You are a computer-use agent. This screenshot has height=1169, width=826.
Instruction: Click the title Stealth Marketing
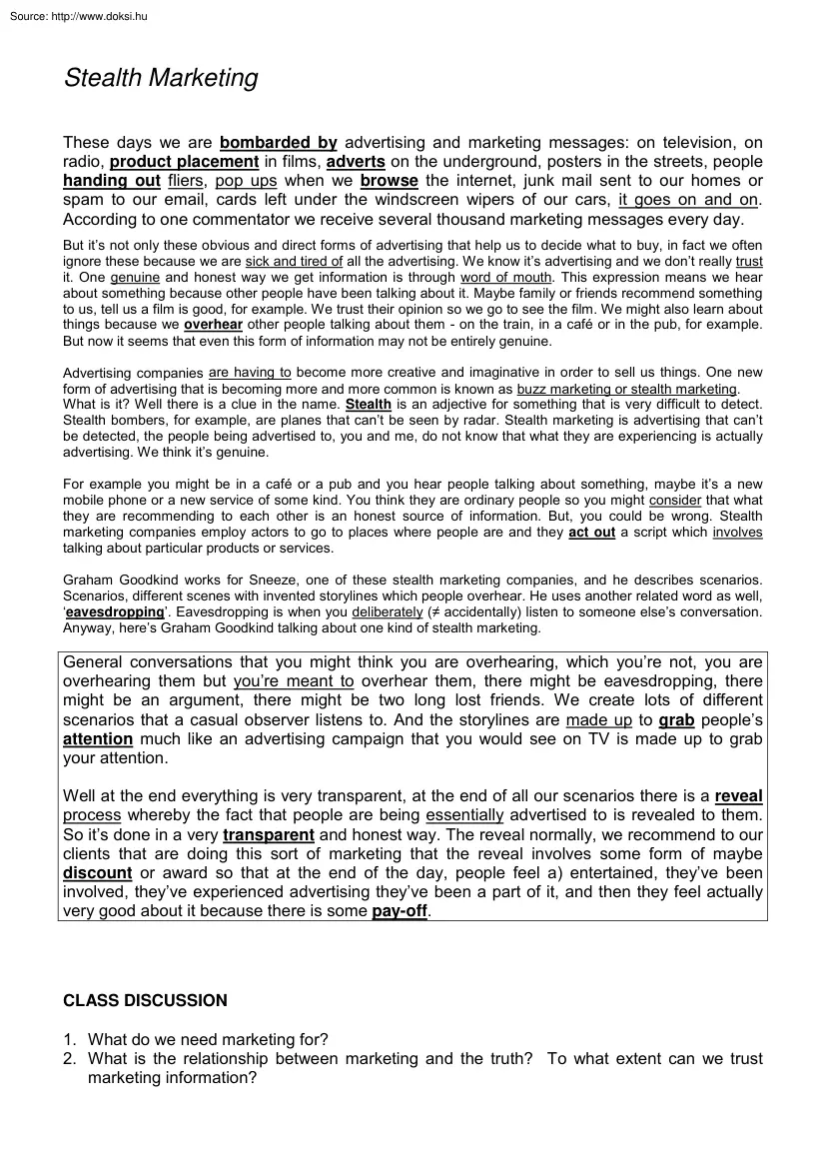pyautogui.click(x=161, y=79)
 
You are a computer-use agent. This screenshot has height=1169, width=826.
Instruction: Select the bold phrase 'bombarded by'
pyautogui.click(x=278, y=142)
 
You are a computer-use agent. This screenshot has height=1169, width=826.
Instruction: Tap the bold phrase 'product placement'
pyautogui.click(x=184, y=162)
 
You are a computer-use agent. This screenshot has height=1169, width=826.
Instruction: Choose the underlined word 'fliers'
pyautogui.click(x=187, y=181)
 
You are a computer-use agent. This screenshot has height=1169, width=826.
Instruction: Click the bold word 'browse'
pyautogui.click(x=390, y=181)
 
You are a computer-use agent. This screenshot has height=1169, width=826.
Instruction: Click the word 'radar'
pyautogui.click(x=432, y=421)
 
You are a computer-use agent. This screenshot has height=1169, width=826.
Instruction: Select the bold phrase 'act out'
pyautogui.click(x=591, y=533)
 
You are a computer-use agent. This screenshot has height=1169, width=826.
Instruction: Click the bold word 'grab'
pyautogui.click(x=676, y=719)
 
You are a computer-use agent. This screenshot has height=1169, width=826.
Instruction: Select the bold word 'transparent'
pyautogui.click(x=269, y=835)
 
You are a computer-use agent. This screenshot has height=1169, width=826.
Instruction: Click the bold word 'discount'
pyautogui.click(x=97, y=873)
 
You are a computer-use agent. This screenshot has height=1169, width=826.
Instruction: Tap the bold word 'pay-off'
pyautogui.click(x=400, y=911)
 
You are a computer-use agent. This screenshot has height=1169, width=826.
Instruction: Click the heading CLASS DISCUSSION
pyautogui.click(x=146, y=1000)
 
